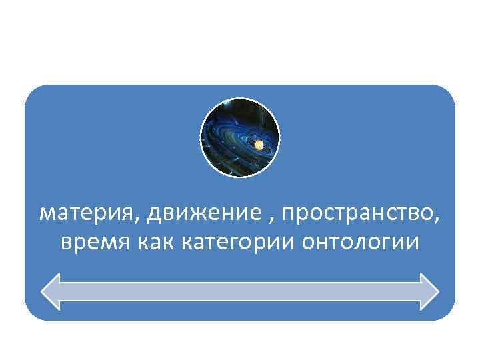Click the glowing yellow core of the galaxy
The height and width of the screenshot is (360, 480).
(x=259, y=142)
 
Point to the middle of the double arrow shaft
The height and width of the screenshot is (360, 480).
(x=240, y=291)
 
